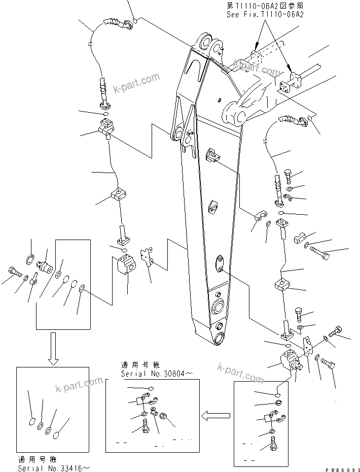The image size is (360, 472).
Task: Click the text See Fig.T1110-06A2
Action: coord(265,15)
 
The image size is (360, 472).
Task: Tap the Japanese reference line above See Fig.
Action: coord(265,6)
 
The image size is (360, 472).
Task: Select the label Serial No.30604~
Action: coord(150,374)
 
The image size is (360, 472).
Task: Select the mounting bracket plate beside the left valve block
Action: coord(148,258)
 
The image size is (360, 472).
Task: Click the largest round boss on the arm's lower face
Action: coord(218,307)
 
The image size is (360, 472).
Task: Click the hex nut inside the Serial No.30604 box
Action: coord(164,417)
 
